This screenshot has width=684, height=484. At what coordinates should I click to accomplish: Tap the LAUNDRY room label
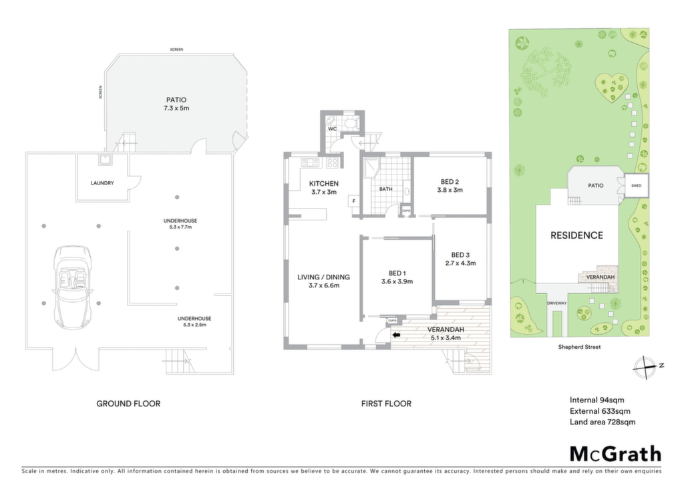point(102,183)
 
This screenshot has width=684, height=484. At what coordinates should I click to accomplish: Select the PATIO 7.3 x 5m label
point(176,104)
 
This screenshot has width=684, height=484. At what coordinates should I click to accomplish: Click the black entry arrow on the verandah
point(397,335)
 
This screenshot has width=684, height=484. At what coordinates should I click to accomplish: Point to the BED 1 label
point(397,273)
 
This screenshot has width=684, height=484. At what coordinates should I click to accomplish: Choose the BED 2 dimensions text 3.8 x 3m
point(450,191)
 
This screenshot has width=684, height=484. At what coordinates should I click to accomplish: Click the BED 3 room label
point(460,255)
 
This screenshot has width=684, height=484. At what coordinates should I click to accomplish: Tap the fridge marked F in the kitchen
point(353,201)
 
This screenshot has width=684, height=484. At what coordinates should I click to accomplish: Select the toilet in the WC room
point(351,122)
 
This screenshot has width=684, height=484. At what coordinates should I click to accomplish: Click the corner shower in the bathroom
point(371,166)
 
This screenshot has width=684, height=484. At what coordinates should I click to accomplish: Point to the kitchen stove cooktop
point(332,163)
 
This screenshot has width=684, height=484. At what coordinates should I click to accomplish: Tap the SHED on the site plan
point(637,186)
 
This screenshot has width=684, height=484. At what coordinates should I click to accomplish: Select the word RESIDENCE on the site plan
point(576,236)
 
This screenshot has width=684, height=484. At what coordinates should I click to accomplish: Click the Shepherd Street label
point(579,348)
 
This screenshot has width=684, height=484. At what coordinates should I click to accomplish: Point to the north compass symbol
point(645,368)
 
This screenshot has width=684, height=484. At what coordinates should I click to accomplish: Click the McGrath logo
point(615,454)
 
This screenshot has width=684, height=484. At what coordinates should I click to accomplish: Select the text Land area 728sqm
point(603,422)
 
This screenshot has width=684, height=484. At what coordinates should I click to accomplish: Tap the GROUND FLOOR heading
point(128,404)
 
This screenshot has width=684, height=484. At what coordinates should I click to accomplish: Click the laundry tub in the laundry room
point(106,160)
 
